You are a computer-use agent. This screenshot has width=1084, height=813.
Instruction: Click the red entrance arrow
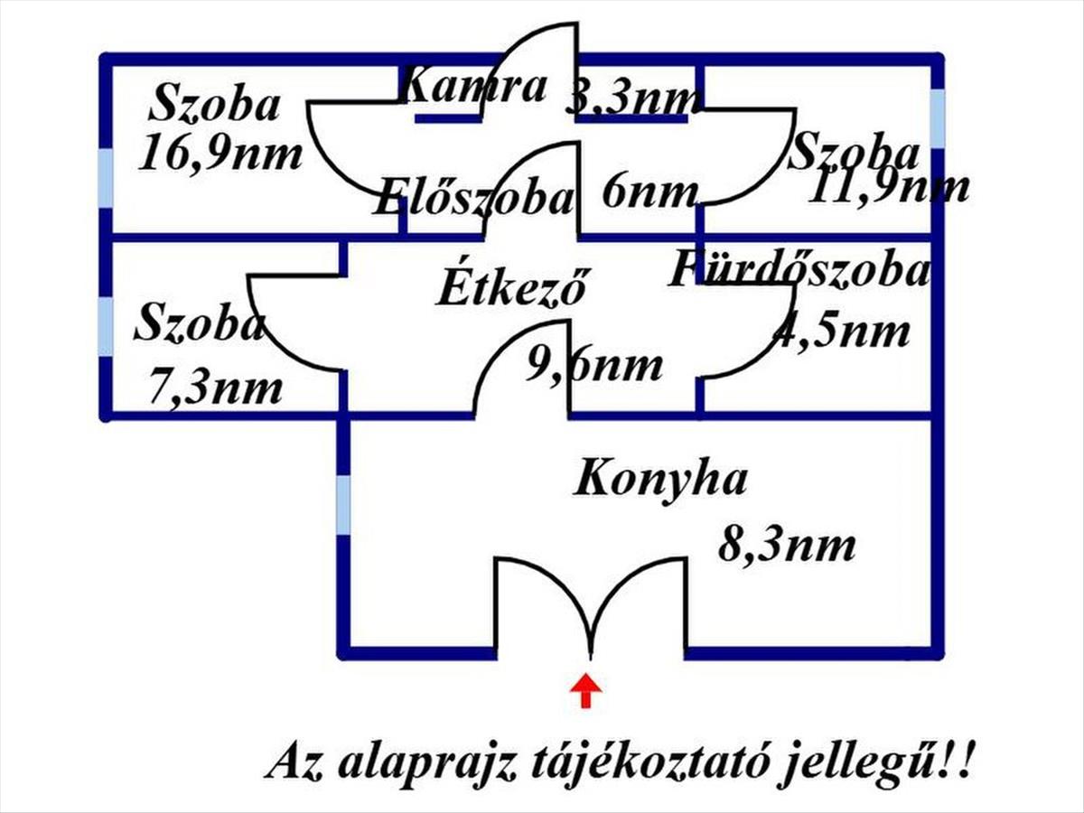[x=585, y=690]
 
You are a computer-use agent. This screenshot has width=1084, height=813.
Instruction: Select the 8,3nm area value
[x=786, y=546]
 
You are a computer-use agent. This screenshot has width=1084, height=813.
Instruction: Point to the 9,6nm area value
[x=593, y=365]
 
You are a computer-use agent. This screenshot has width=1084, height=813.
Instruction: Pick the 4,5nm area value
[x=840, y=332]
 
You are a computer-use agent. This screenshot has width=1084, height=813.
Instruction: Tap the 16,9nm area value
[x=220, y=154]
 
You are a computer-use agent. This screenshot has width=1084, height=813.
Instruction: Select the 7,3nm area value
[x=215, y=388]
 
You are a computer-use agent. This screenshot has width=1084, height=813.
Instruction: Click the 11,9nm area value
[x=888, y=187]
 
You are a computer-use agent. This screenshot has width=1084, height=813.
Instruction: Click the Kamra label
[x=474, y=88]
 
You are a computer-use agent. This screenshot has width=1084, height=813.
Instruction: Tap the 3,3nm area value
[x=633, y=98]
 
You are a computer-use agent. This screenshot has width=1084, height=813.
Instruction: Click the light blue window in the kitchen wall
[x=344, y=504]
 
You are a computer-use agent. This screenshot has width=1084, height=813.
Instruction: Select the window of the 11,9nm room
[x=938, y=118]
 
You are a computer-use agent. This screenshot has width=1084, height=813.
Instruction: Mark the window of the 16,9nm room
[x=107, y=178]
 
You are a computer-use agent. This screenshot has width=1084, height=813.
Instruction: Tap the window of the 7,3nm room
[x=107, y=326]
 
